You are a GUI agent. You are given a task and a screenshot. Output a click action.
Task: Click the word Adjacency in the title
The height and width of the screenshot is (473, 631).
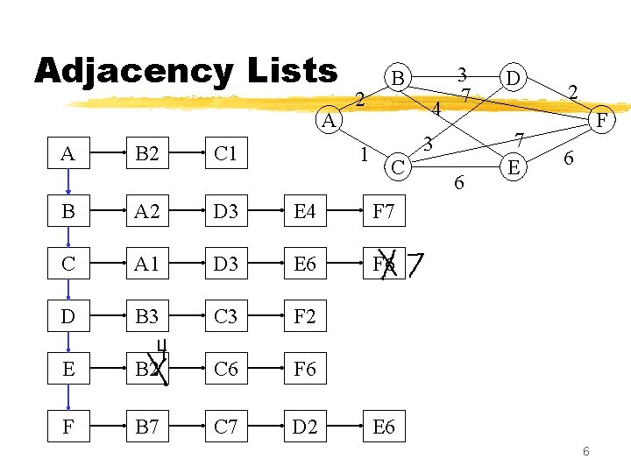coord(131,72)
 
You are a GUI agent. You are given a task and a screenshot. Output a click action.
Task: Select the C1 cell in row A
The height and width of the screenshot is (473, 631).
coord(225,155)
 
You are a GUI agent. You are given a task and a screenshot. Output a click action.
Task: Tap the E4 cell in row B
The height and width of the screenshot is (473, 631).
coord(304,211)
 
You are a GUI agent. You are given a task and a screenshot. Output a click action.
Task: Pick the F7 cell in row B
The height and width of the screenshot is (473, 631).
coord(383,211)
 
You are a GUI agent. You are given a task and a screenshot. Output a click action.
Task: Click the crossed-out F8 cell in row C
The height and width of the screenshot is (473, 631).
coord(383,264)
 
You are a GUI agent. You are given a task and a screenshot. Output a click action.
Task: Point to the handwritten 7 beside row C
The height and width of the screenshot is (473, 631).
coord(416,263)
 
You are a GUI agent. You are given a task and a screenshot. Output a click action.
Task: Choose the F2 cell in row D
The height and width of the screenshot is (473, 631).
coord(304,316)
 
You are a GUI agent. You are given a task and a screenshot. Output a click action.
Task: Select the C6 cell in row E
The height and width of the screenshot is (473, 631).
coord(225,369)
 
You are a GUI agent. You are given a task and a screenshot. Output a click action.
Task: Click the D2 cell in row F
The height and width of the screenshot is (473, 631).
coord(304,427)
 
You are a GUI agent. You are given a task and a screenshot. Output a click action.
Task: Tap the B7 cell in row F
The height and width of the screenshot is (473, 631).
coord(146,427)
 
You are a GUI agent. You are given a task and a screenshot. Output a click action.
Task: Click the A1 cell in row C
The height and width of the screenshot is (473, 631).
coord(146,264)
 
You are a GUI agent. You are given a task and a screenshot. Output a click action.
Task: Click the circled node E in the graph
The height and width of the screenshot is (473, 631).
coord(514,165)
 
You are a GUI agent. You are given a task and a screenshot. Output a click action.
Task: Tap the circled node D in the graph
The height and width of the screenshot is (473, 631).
coord(513,79)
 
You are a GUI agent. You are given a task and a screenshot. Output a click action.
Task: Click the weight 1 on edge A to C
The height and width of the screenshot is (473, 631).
coord(365,155)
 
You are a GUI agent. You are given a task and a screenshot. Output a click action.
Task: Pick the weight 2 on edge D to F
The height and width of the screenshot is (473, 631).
coord(572,91)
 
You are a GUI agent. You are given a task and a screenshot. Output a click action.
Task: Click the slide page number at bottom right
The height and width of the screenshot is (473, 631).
coord(586,451)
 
